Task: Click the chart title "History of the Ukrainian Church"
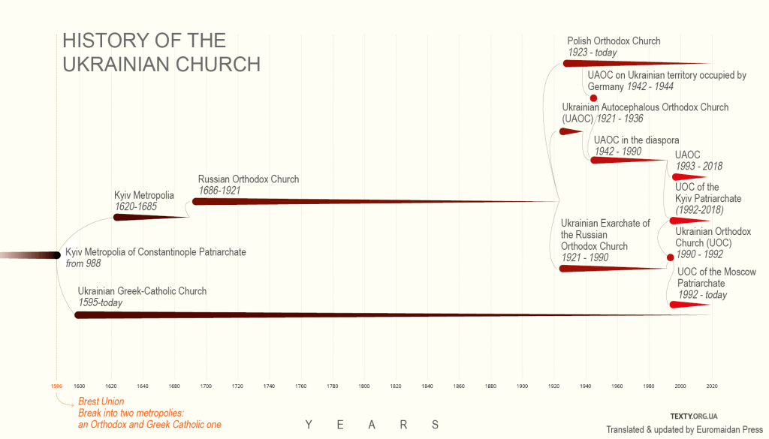point(161,53)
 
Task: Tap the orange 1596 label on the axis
point(56,386)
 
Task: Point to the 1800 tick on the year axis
point(364,386)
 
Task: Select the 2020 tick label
point(713,386)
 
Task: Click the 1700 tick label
point(206,386)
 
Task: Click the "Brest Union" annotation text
point(101,401)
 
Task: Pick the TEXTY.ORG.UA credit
point(695,416)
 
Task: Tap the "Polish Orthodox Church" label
point(614,41)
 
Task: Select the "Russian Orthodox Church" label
point(249,179)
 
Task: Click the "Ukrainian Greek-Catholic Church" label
point(142,291)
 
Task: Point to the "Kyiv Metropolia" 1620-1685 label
point(144,195)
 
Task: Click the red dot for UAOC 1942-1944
point(593,98)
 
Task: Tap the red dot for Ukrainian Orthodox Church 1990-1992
point(671,258)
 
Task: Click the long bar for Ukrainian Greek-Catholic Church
point(375,314)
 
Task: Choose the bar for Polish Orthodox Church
point(631,63)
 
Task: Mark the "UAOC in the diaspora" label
point(636,140)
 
